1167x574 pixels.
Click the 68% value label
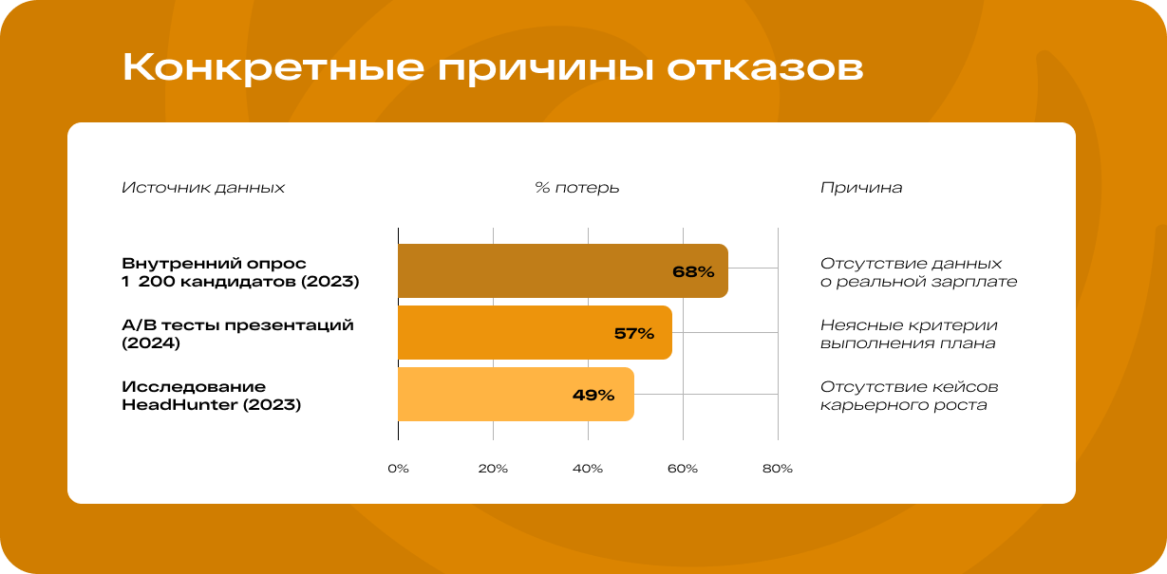click(x=692, y=271)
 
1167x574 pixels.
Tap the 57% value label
click(x=634, y=333)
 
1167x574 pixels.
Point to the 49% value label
click(x=593, y=395)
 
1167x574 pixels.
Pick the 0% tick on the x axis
click(x=398, y=469)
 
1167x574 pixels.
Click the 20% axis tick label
click(x=493, y=469)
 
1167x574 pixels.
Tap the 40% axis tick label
click(x=588, y=469)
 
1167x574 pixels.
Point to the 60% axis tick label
click(x=683, y=469)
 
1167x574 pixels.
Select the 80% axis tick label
click(x=778, y=469)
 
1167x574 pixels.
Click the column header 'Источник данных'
click(x=203, y=188)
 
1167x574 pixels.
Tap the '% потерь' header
click(x=577, y=188)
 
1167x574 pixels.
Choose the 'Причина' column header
click(x=861, y=188)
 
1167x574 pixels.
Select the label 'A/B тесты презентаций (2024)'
click(x=237, y=334)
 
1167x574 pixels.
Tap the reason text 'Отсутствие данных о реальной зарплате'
click(x=918, y=272)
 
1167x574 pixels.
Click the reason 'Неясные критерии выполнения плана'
click(x=909, y=334)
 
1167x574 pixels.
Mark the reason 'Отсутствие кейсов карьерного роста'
click(x=909, y=396)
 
